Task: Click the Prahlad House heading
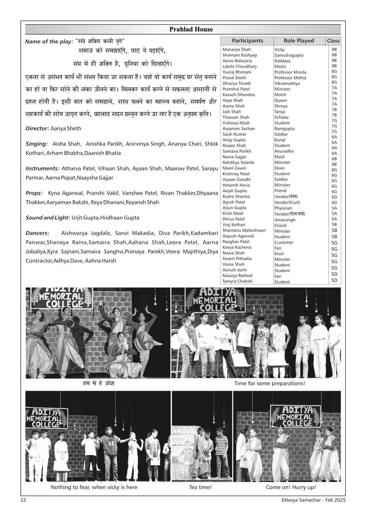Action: [x=191, y=30]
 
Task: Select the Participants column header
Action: [x=247, y=41]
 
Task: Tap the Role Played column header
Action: [x=299, y=41]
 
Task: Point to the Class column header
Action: [x=333, y=41]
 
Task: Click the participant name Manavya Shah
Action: [x=236, y=49]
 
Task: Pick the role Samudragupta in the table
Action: [x=289, y=55]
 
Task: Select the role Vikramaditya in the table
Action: [x=287, y=83]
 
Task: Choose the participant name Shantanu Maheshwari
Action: [x=244, y=231]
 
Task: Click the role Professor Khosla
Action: [x=290, y=72]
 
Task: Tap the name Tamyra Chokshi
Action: [x=238, y=281]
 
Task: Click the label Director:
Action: [x=37, y=128]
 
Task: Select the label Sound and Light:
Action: [x=48, y=218]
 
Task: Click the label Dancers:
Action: [x=37, y=233]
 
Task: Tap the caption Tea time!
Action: [x=200, y=487]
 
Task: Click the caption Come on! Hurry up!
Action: [x=291, y=487]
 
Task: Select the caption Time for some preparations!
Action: [x=269, y=383]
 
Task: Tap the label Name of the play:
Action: [x=49, y=41]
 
